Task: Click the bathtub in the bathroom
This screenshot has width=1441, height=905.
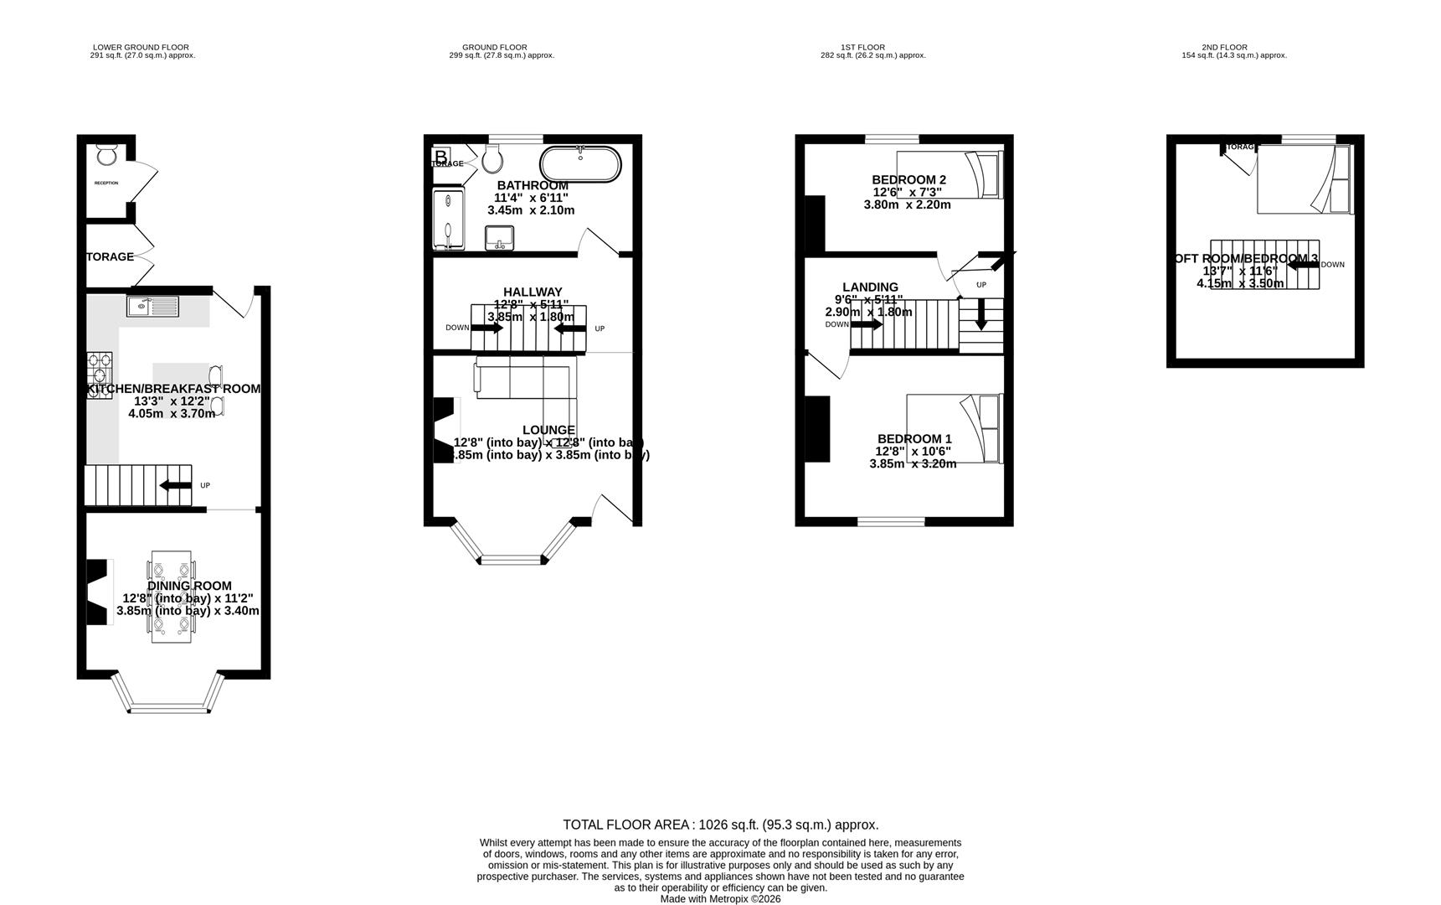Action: click(x=580, y=164)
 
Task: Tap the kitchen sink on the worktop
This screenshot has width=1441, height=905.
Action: click(x=152, y=308)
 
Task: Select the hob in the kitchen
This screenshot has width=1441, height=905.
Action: click(x=99, y=375)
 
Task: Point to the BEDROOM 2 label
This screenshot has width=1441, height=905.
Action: click(x=908, y=179)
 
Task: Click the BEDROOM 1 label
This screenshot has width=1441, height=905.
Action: click(x=913, y=438)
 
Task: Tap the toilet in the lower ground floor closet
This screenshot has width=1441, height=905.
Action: click(x=106, y=155)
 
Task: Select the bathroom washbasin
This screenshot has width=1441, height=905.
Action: click(x=500, y=238)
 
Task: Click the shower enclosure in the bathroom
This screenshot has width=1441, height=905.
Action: click(x=447, y=219)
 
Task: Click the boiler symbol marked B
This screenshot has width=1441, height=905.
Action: click(x=440, y=156)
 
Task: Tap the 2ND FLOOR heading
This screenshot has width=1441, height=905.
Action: click(x=1223, y=48)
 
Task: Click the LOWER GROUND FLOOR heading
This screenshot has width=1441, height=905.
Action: click(x=141, y=48)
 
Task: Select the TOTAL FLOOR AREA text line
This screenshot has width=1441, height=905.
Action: click(x=720, y=825)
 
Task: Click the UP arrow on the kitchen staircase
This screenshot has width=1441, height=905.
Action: click(x=176, y=485)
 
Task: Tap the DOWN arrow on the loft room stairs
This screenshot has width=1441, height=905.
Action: click(x=1303, y=265)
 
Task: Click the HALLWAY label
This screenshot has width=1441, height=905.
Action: click(x=533, y=292)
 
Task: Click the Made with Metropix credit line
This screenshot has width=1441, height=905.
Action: click(x=720, y=898)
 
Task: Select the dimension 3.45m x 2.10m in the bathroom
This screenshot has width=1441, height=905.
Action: click(x=531, y=210)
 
